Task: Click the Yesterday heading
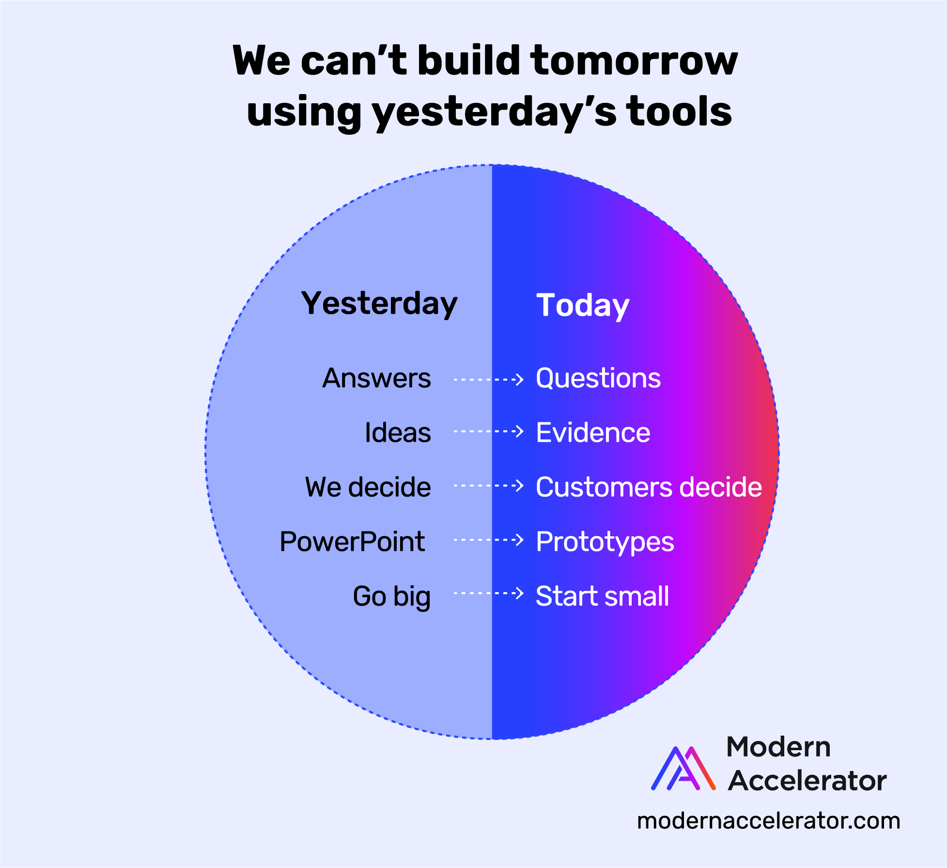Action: pyautogui.click(x=379, y=305)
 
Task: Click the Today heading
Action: pyautogui.click(x=583, y=306)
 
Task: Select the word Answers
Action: pyautogui.click(x=376, y=378)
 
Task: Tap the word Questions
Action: pyautogui.click(x=598, y=379)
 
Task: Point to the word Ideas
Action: pyautogui.click(x=398, y=433)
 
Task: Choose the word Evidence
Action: pyautogui.click(x=593, y=433)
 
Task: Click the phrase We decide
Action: pyautogui.click(x=368, y=487)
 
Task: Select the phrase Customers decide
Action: pyautogui.click(x=649, y=487)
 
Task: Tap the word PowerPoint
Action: pyautogui.click(x=352, y=542)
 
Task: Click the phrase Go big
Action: pyautogui.click(x=391, y=597)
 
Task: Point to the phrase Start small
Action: pyautogui.click(x=602, y=596)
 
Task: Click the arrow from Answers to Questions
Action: pyautogui.click(x=489, y=379)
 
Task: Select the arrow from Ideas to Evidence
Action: pyautogui.click(x=489, y=431)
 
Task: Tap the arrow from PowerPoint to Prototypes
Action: pyautogui.click(x=489, y=540)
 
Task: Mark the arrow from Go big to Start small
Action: pyautogui.click(x=489, y=593)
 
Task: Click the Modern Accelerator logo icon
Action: pyautogui.click(x=683, y=769)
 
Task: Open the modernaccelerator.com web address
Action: pyautogui.click(x=769, y=821)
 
